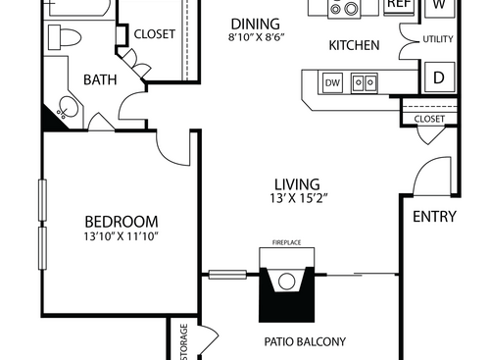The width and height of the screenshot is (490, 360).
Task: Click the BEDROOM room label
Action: (121, 221)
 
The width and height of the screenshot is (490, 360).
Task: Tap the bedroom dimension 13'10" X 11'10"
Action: (121, 236)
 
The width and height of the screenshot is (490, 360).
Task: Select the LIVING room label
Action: (297, 183)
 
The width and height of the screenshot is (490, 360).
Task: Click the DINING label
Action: (255, 24)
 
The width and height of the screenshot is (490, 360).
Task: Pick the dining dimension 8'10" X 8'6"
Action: (255, 37)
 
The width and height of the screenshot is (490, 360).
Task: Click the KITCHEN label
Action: (354, 45)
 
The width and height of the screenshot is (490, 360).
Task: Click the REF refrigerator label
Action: (397, 5)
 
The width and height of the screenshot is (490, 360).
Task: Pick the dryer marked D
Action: (438, 77)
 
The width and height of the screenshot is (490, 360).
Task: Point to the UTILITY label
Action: (437, 39)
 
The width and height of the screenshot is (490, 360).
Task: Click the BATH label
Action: (100, 78)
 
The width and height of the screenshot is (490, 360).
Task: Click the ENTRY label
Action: (434, 217)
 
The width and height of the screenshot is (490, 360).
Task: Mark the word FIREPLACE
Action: (286, 240)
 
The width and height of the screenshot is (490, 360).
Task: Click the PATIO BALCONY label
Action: (305, 342)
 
